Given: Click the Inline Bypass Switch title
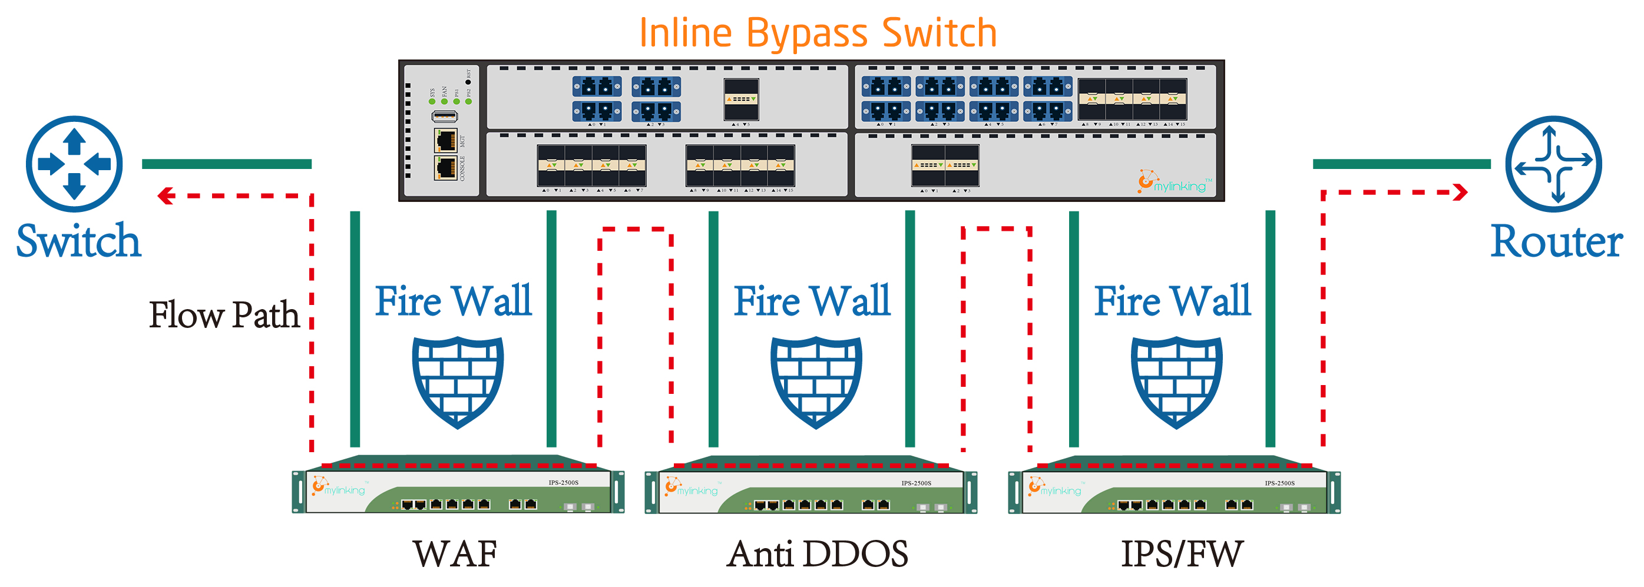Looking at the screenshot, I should (818, 33).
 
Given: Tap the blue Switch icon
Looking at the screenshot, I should (74, 164).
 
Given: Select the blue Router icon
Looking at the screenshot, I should (1553, 164).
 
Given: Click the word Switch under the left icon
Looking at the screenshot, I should (78, 242).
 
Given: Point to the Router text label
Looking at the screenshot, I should (1556, 242).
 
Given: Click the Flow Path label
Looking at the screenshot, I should (224, 315).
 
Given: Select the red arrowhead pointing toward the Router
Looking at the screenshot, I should (1460, 192).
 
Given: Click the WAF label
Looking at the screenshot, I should (454, 554).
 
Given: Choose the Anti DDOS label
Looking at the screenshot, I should (817, 554).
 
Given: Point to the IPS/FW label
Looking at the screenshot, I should (1182, 554).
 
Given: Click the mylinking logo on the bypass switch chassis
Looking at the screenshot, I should (1175, 183).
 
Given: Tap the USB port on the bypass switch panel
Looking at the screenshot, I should (444, 116).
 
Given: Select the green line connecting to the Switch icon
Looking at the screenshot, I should (227, 164).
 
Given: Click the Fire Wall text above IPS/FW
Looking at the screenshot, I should (1172, 301).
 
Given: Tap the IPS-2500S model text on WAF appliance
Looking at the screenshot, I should (563, 482).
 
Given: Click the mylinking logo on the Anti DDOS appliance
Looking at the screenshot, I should (692, 489).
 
